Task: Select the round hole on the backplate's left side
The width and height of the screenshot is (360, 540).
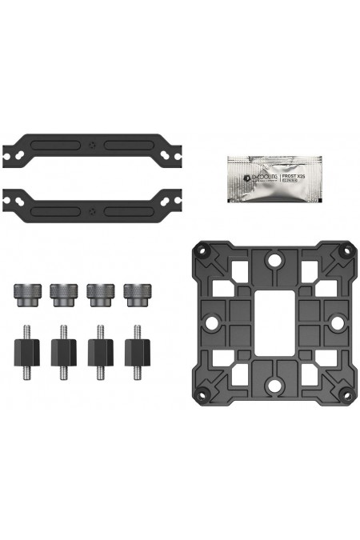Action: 212,322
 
